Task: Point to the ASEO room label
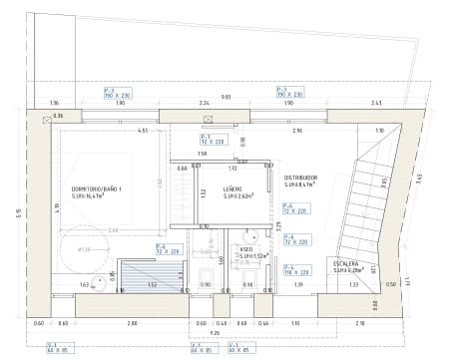[x=245, y=248]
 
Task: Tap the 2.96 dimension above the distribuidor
[x=297, y=131]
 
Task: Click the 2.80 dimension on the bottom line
[x=131, y=324]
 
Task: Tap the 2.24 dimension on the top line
[x=203, y=104]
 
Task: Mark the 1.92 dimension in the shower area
[x=152, y=285]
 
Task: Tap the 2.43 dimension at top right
[x=375, y=104]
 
